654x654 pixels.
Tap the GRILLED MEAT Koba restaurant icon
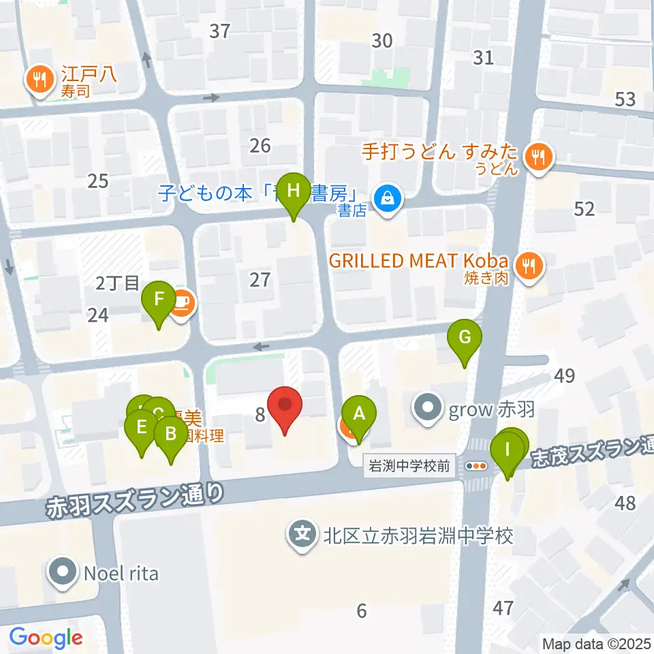coord(529,265)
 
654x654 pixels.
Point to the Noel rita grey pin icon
coord(64,572)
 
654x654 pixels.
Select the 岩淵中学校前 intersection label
coord(409,466)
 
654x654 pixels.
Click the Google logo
coord(46,638)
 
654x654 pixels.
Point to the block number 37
coord(220,31)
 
